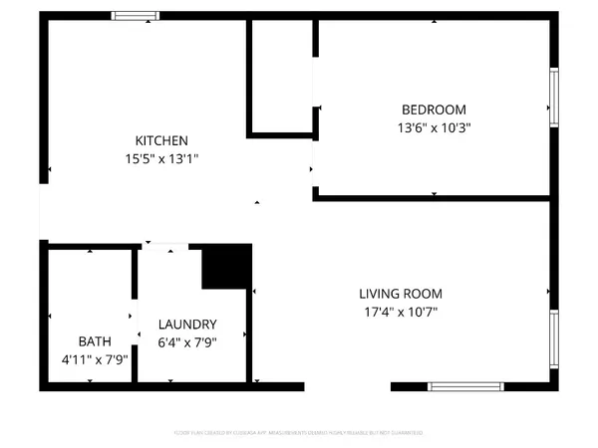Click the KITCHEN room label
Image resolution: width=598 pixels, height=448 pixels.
tap(161, 140)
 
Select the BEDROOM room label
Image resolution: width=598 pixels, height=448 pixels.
tap(434, 110)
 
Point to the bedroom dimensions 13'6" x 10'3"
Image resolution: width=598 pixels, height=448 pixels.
tap(434, 126)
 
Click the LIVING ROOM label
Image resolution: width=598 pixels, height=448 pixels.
tap(401, 294)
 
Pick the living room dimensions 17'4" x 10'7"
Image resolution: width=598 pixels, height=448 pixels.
tap(401, 311)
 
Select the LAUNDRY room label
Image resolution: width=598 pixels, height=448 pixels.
tap(187, 325)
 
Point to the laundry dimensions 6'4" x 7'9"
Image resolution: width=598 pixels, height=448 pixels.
tap(187, 341)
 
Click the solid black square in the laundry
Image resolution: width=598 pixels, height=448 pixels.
tap(227, 267)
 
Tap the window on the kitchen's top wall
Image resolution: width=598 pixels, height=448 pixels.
tap(134, 16)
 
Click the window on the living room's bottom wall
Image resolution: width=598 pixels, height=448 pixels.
tap(470, 385)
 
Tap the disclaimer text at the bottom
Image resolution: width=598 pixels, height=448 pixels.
tap(298, 433)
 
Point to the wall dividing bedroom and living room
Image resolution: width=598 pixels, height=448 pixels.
tap(433, 198)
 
